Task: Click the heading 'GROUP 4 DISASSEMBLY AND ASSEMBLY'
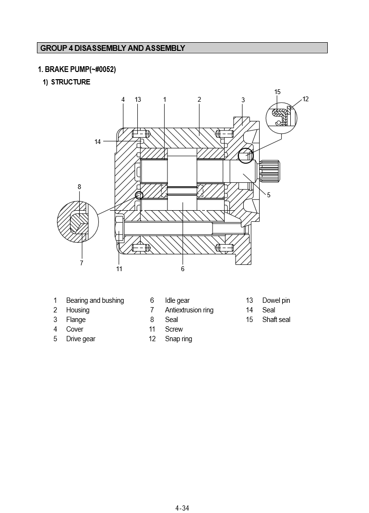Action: click(x=112, y=48)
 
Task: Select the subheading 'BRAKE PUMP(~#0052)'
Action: click(x=77, y=70)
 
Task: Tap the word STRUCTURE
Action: click(x=71, y=82)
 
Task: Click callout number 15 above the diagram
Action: click(x=277, y=92)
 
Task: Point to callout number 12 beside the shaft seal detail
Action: click(x=306, y=99)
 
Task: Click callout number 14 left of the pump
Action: click(x=98, y=142)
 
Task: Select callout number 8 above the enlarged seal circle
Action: click(x=79, y=187)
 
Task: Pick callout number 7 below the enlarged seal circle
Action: click(x=82, y=263)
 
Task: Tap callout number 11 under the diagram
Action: click(x=119, y=269)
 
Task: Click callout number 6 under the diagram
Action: click(x=183, y=269)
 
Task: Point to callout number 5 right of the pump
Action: click(x=269, y=195)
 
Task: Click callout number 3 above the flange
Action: click(x=243, y=100)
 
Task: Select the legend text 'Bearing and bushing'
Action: click(x=95, y=300)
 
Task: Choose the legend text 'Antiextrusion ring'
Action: click(x=189, y=310)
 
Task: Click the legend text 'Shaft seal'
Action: click(x=276, y=320)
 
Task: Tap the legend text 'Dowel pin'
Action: click(x=276, y=300)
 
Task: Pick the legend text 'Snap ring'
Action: click(x=178, y=339)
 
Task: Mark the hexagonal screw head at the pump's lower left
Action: click(x=120, y=230)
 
